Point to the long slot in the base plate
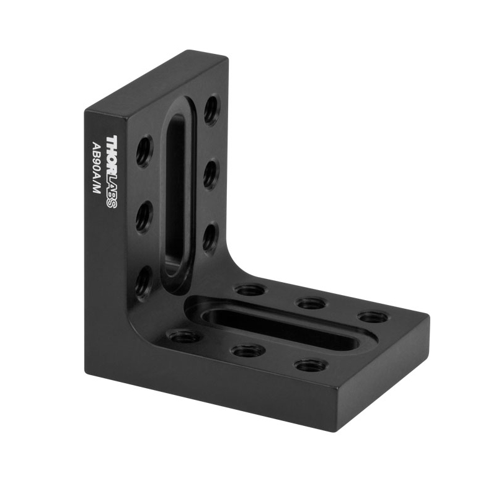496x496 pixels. (x=278, y=329)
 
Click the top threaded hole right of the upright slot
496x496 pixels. (x=211, y=109)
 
